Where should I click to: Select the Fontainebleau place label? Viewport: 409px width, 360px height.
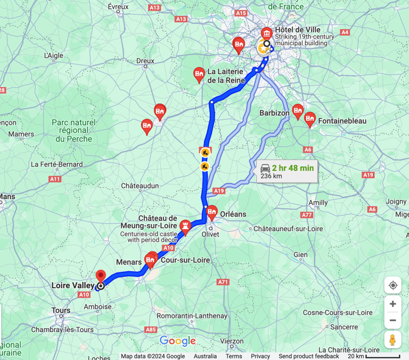(342, 121)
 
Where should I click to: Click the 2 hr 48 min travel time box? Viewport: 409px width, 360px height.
(287, 171)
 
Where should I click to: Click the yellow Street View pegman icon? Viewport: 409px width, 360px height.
(392, 339)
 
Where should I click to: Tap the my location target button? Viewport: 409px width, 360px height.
(392, 285)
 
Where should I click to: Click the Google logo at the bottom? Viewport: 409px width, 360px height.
(178, 341)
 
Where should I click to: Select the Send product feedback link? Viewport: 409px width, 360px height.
(308, 356)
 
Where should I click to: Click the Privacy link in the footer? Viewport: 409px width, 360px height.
(260, 356)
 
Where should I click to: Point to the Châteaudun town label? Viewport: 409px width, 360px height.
(140, 186)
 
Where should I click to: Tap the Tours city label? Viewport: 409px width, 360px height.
(61, 310)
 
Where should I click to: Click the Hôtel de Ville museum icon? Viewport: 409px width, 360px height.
(265, 32)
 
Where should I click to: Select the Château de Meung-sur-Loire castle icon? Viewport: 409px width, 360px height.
(185, 226)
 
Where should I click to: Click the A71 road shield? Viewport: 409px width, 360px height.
(223, 282)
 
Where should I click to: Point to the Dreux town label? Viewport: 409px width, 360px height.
(145, 61)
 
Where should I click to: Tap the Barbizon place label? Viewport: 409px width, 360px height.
(274, 113)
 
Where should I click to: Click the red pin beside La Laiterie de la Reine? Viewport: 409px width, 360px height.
(199, 74)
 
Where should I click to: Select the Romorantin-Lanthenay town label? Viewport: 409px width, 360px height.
(184, 316)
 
